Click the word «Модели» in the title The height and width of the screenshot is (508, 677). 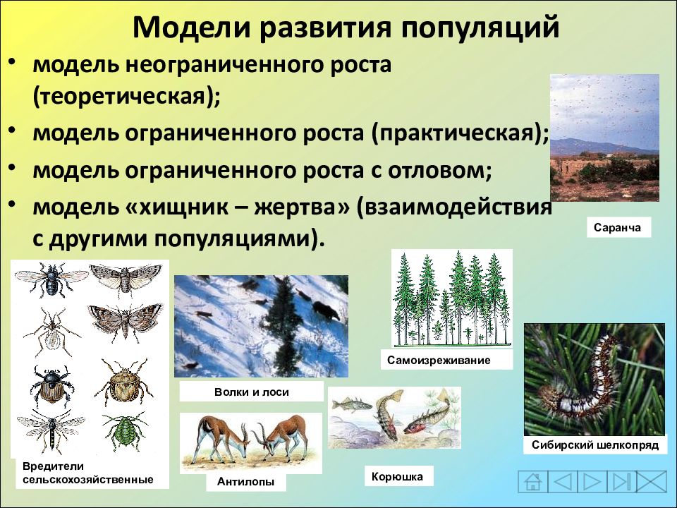192,28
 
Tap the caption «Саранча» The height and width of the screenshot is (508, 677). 617,228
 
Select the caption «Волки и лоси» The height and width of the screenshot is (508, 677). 251,392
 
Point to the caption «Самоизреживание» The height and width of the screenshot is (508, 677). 439,361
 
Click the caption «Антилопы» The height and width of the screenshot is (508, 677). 245,481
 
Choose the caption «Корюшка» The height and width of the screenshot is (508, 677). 397,477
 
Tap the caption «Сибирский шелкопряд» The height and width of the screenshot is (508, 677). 595,445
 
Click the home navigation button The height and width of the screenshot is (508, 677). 533,481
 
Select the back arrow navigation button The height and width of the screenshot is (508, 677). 563,481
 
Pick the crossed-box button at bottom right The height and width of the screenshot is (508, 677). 652,481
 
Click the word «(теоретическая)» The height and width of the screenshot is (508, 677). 126,97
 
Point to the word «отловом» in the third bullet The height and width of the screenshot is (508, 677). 439,170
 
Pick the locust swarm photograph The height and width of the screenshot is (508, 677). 604,138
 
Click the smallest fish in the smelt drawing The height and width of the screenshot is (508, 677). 351,405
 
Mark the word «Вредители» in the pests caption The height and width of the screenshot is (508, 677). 53,466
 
